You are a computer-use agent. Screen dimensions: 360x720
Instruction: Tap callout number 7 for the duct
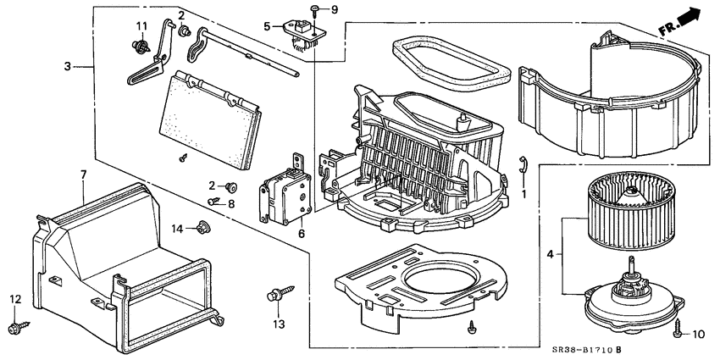tap(83, 174)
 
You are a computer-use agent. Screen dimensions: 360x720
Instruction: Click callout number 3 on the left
tap(67, 65)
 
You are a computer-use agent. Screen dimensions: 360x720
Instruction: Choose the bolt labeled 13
tap(274, 296)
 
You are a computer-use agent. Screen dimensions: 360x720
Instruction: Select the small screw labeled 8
tap(214, 202)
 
